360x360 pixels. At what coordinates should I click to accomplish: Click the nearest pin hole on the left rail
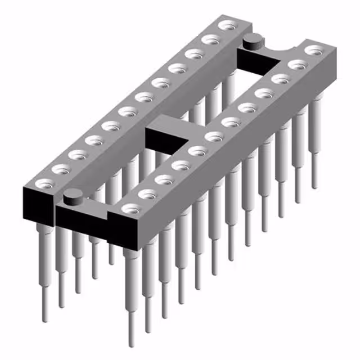coord(44,183)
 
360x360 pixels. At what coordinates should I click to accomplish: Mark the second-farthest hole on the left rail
coord(211,40)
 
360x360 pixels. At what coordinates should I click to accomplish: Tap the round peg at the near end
coord(72,197)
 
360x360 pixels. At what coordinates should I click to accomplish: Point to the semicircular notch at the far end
coord(280,51)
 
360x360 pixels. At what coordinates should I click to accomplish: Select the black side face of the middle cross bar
coord(166,139)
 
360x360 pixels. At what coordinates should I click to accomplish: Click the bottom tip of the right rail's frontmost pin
coord(131,344)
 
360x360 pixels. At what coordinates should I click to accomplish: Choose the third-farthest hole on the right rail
coord(278,79)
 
